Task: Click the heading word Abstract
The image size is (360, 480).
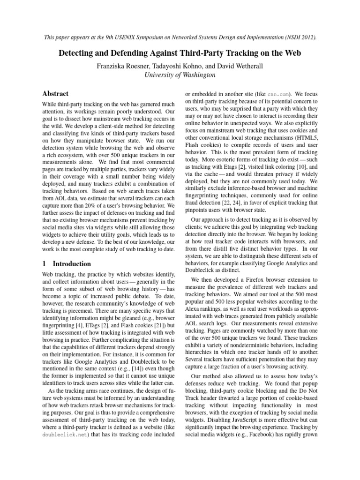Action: pos(55,94)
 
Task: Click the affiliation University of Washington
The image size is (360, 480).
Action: pos(180,75)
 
